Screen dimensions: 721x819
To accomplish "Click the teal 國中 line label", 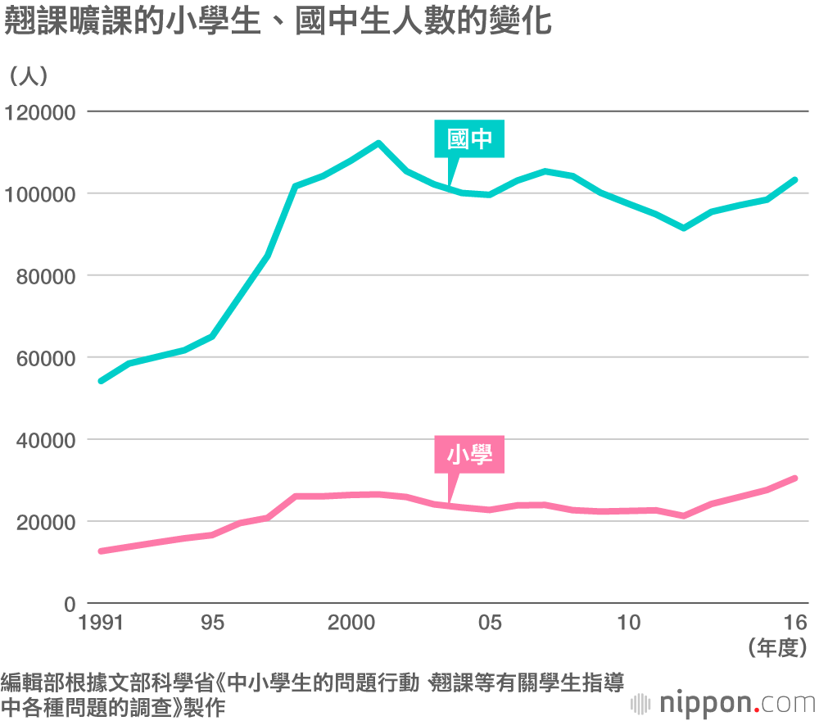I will pos(469,139).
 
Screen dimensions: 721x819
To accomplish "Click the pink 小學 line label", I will pos(469,455).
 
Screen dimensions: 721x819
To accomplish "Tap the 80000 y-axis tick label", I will pos(44,276).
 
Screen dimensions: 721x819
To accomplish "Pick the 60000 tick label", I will pos(44,358).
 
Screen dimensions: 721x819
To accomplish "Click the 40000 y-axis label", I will pos(44,440).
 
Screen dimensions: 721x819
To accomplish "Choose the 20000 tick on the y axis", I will pos(44,522).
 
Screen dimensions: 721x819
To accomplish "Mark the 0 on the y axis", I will pos(70,604).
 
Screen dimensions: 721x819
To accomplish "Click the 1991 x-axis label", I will pos(101,623).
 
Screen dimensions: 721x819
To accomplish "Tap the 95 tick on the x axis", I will pos(211,623).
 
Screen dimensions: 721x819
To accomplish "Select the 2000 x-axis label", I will pos(351,623).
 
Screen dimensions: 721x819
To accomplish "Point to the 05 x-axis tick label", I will pos(490,623).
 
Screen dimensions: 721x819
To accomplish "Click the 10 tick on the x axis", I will pos(629,623).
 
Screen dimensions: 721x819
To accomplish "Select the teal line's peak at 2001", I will pos(378,143).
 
